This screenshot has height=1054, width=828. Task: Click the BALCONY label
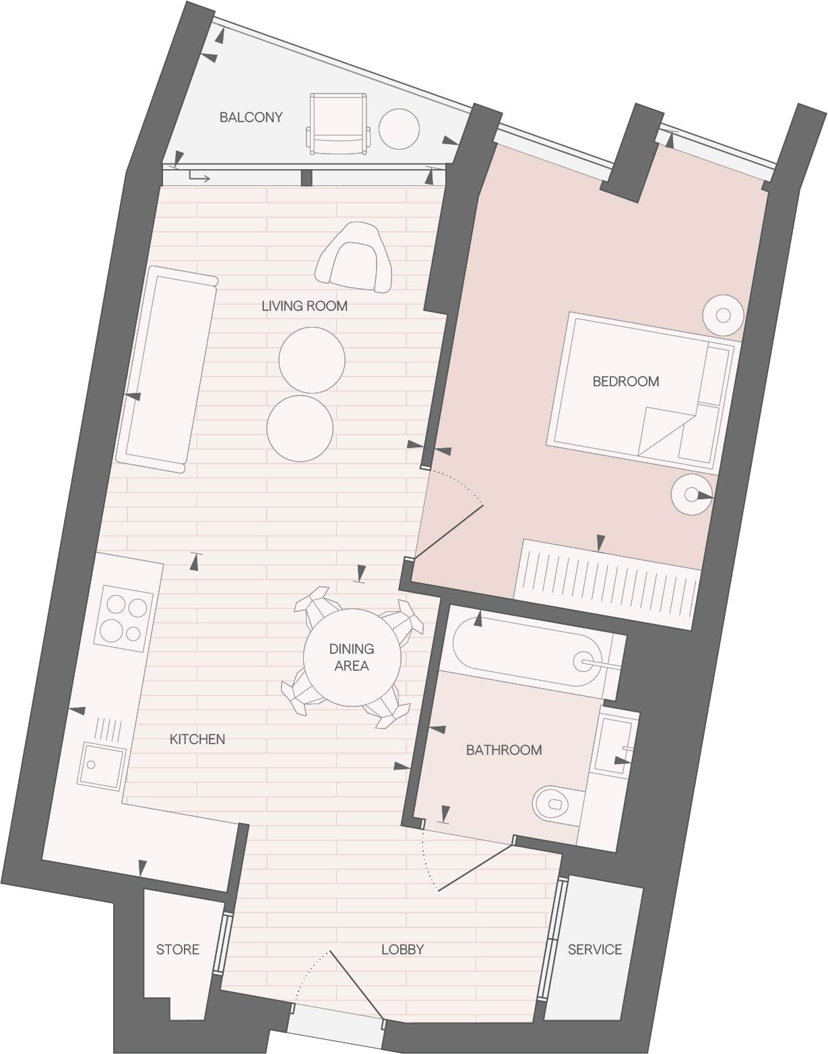251,117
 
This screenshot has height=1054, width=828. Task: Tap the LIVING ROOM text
305,306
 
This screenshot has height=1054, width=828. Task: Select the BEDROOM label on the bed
626,381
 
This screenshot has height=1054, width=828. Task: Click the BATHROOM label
504,750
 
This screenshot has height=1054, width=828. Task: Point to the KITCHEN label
197,739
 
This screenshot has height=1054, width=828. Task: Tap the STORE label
177,950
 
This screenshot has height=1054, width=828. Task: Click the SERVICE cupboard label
595,950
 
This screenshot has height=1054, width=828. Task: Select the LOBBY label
402,950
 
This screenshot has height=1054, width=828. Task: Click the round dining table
352,657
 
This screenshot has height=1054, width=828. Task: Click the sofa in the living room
166,369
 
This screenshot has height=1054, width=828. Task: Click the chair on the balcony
338,124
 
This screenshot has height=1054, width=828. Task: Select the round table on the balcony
399,129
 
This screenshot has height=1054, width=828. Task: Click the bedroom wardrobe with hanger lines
607,584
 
